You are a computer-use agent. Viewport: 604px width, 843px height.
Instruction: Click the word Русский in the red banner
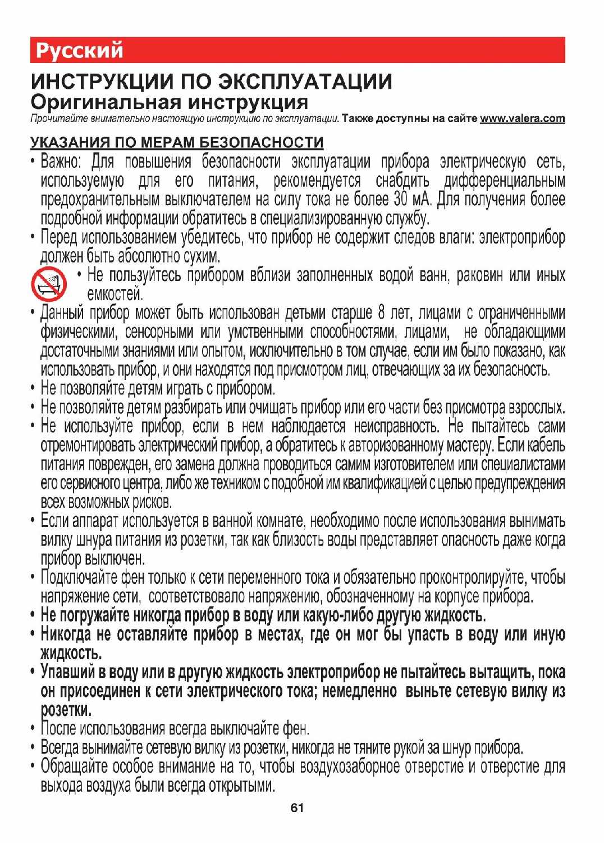[x=79, y=51]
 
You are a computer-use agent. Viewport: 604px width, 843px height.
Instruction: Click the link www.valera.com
[x=522, y=119]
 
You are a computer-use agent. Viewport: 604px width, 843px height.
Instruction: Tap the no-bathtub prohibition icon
[x=48, y=284]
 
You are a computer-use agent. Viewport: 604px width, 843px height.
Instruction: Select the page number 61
[x=297, y=808]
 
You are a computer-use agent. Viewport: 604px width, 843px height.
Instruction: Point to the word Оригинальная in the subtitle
[x=106, y=102]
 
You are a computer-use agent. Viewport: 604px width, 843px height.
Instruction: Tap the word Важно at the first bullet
[x=61, y=162]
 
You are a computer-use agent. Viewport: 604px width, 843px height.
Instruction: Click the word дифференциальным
[x=504, y=181]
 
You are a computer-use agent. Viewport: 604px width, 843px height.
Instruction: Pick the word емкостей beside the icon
[x=115, y=294]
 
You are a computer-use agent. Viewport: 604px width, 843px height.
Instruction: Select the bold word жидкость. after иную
[x=71, y=654]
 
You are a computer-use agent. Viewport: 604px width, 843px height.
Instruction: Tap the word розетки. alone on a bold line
[x=66, y=710]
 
